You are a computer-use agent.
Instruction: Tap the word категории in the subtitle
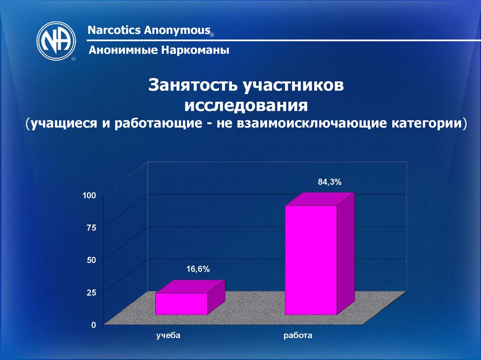point(426,124)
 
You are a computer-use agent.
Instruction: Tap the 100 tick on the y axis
point(90,195)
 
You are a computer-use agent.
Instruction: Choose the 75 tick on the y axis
point(91,228)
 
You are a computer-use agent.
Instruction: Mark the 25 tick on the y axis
point(91,292)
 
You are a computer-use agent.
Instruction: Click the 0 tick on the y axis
point(93,325)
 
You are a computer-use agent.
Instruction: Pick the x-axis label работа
point(298,336)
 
